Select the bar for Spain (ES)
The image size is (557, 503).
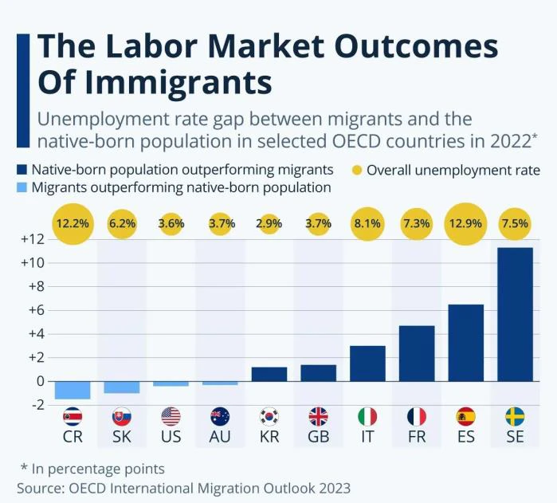click(x=465, y=343)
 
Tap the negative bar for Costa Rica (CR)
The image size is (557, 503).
click(x=72, y=389)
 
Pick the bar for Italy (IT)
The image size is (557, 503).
click(x=367, y=363)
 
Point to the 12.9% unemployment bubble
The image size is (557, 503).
click(x=465, y=224)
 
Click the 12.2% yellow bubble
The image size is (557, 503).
click(x=72, y=224)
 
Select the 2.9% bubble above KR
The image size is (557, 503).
click(x=269, y=224)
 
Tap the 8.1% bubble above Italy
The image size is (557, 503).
click(x=367, y=224)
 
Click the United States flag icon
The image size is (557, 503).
click(x=171, y=416)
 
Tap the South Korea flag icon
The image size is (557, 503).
click(x=269, y=416)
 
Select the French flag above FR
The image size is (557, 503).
click(x=417, y=416)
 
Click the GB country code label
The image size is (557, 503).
click(x=318, y=438)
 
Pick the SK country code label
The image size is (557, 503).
click(x=121, y=438)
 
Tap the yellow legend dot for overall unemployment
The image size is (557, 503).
click(x=355, y=170)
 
